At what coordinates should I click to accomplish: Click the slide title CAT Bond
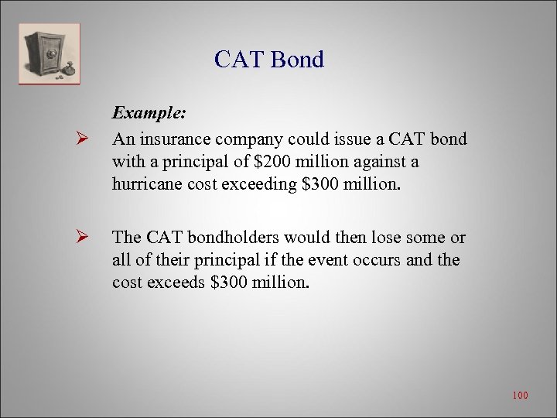[269, 60]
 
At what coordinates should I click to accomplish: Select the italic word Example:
[149, 113]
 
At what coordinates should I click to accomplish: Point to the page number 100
[520, 396]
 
